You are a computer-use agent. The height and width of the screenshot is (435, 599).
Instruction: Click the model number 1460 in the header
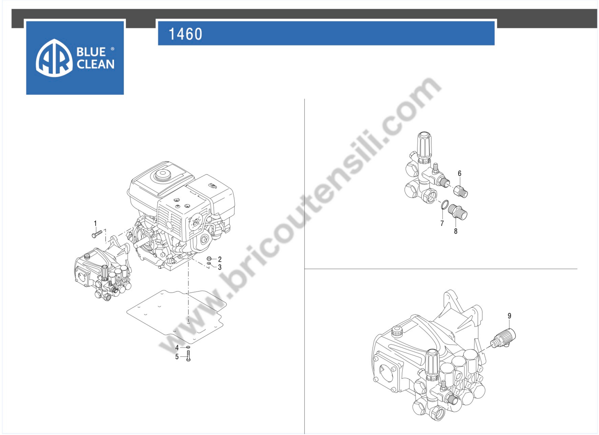(x=185, y=34)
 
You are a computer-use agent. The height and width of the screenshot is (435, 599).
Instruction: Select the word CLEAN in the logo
(x=95, y=64)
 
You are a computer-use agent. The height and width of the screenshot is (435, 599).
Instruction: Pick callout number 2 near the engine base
(x=220, y=259)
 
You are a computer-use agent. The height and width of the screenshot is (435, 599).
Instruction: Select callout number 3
(x=220, y=267)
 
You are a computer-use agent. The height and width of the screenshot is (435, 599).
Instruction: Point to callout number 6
(x=459, y=174)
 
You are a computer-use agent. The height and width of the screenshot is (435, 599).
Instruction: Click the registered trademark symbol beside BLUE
(x=112, y=49)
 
